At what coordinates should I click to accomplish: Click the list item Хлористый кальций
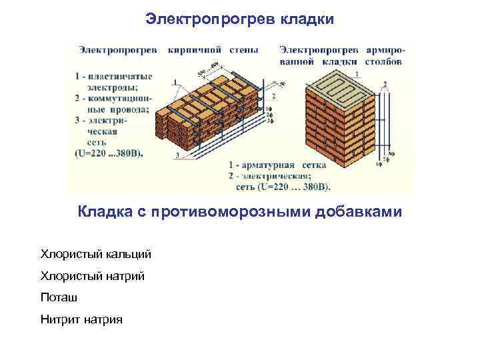[x=96, y=254]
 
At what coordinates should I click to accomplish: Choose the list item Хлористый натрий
[x=92, y=275]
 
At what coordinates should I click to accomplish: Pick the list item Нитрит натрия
[x=81, y=319]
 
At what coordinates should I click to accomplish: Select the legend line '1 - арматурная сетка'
[x=279, y=164]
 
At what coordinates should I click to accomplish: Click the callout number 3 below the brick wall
[x=178, y=155]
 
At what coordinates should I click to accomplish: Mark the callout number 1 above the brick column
[x=358, y=73]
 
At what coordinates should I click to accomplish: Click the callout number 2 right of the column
[x=385, y=83]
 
